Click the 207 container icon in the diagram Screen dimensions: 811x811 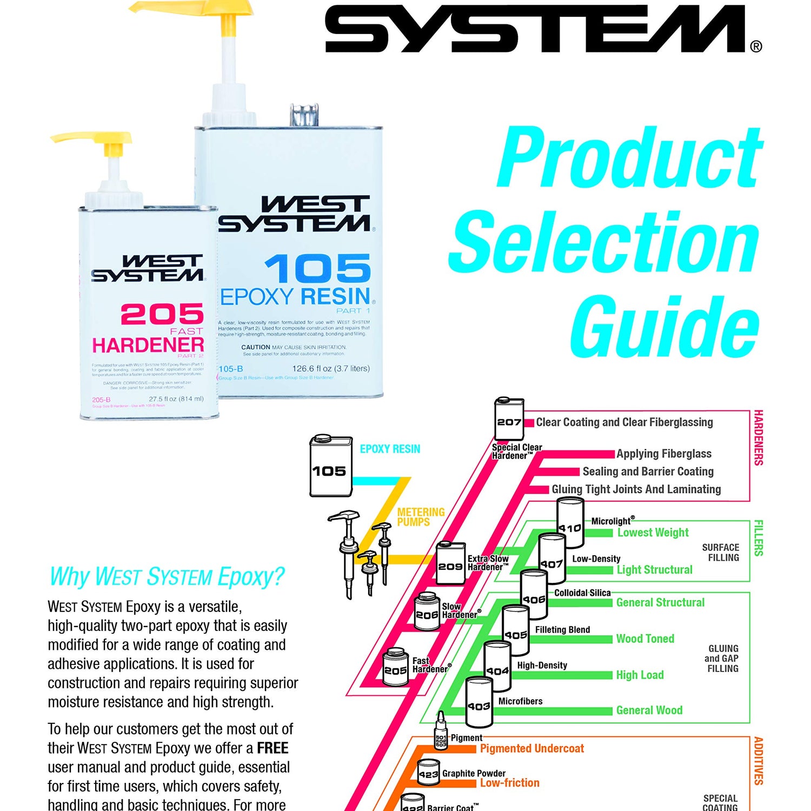[x=509, y=420]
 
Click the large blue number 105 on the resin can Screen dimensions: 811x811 [x=317, y=269]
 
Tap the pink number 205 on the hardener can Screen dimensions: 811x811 [x=162, y=314]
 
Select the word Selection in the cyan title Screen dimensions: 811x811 [x=604, y=241]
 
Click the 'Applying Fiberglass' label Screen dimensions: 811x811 [x=663, y=454]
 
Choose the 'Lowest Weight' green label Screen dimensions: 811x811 [x=653, y=533]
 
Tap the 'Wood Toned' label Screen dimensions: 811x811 [x=645, y=639]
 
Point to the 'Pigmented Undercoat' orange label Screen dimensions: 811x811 [x=531, y=748]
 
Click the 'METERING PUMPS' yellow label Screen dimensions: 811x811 [x=421, y=517]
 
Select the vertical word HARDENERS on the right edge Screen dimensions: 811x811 [x=758, y=437]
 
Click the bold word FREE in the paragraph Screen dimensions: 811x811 [x=272, y=748]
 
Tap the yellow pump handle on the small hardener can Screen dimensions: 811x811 [x=92, y=137]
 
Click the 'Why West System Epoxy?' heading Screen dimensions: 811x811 [x=167, y=576]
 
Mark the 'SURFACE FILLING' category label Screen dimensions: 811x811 [x=720, y=552]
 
